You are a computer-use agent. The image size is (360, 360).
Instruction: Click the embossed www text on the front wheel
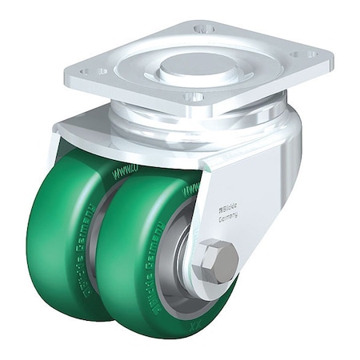(192, 190)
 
